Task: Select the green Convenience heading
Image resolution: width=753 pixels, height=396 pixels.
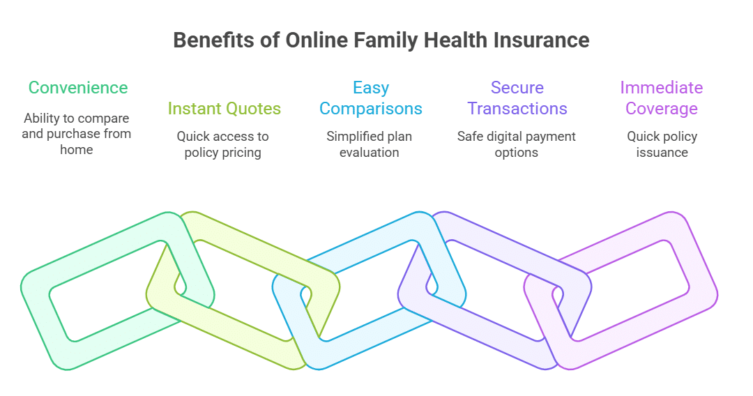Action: (x=78, y=88)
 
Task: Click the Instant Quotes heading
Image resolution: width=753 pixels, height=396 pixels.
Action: (x=224, y=109)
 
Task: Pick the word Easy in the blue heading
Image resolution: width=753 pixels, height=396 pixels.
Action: (x=370, y=88)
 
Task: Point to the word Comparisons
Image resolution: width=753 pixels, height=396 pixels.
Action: (x=370, y=109)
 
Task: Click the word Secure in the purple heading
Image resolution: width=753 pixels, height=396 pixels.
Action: (x=517, y=88)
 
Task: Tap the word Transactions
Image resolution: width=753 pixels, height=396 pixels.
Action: (x=517, y=109)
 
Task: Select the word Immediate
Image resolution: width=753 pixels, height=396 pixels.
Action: (x=661, y=88)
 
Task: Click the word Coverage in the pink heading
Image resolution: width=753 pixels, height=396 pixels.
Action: (x=661, y=109)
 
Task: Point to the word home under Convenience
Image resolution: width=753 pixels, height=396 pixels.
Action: (x=77, y=149)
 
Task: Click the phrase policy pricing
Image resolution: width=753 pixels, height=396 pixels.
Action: (x=223, y=153)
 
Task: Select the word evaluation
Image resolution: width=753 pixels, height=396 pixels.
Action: (x=370, y=153)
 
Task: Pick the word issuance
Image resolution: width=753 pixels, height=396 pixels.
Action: (x=662, y=153)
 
